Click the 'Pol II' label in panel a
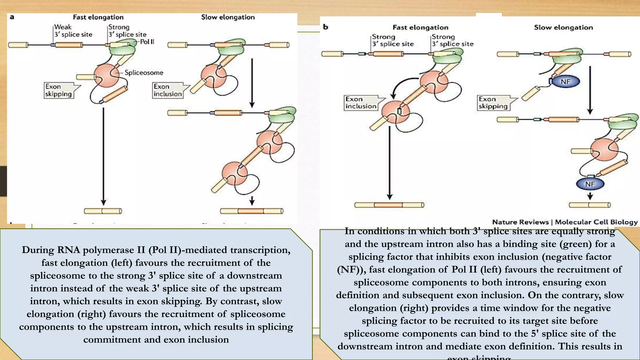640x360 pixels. (x=147, y=42)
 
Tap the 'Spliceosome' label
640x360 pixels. (x=144, y=72)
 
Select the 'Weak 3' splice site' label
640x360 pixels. (x=73, y=31)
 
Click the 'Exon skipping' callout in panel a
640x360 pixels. (x=58, y=90)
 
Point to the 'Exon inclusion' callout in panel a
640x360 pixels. (x=167, y=90)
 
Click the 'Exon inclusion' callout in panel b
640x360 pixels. (x=361, y=103)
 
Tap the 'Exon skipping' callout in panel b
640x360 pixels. (x=493, y=103)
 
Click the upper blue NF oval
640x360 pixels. (x=565, y=82)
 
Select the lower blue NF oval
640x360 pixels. (x=590, y=184)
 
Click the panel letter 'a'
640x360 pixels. (x=12, y=17)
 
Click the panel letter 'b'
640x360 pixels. (x=325, y=27)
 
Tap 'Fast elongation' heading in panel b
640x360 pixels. (x=420, y=27)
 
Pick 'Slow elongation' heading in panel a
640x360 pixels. (x=228, y=17)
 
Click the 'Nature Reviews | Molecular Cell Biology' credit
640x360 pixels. (x=565, y=222)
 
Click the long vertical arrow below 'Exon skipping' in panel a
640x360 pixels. (x=103, y=156)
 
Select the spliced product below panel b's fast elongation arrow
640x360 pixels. (x=389, y=205)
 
